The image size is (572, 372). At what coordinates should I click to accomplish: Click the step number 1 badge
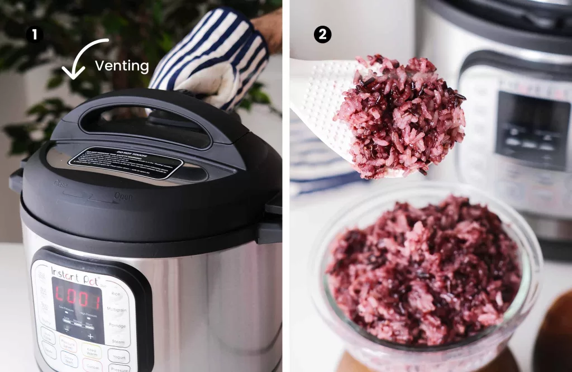click(35, 35)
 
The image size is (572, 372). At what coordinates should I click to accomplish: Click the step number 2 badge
click(322, 35)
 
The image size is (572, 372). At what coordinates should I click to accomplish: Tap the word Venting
click(122, 66)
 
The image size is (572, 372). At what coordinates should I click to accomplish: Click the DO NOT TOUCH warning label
click(125, 163)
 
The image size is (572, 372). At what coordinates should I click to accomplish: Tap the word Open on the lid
click(123, 196)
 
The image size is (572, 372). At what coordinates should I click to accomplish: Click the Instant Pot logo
click(75, 274)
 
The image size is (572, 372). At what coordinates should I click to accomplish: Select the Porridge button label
click(117, 326)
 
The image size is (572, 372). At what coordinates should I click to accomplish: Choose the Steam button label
click(118, 341)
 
